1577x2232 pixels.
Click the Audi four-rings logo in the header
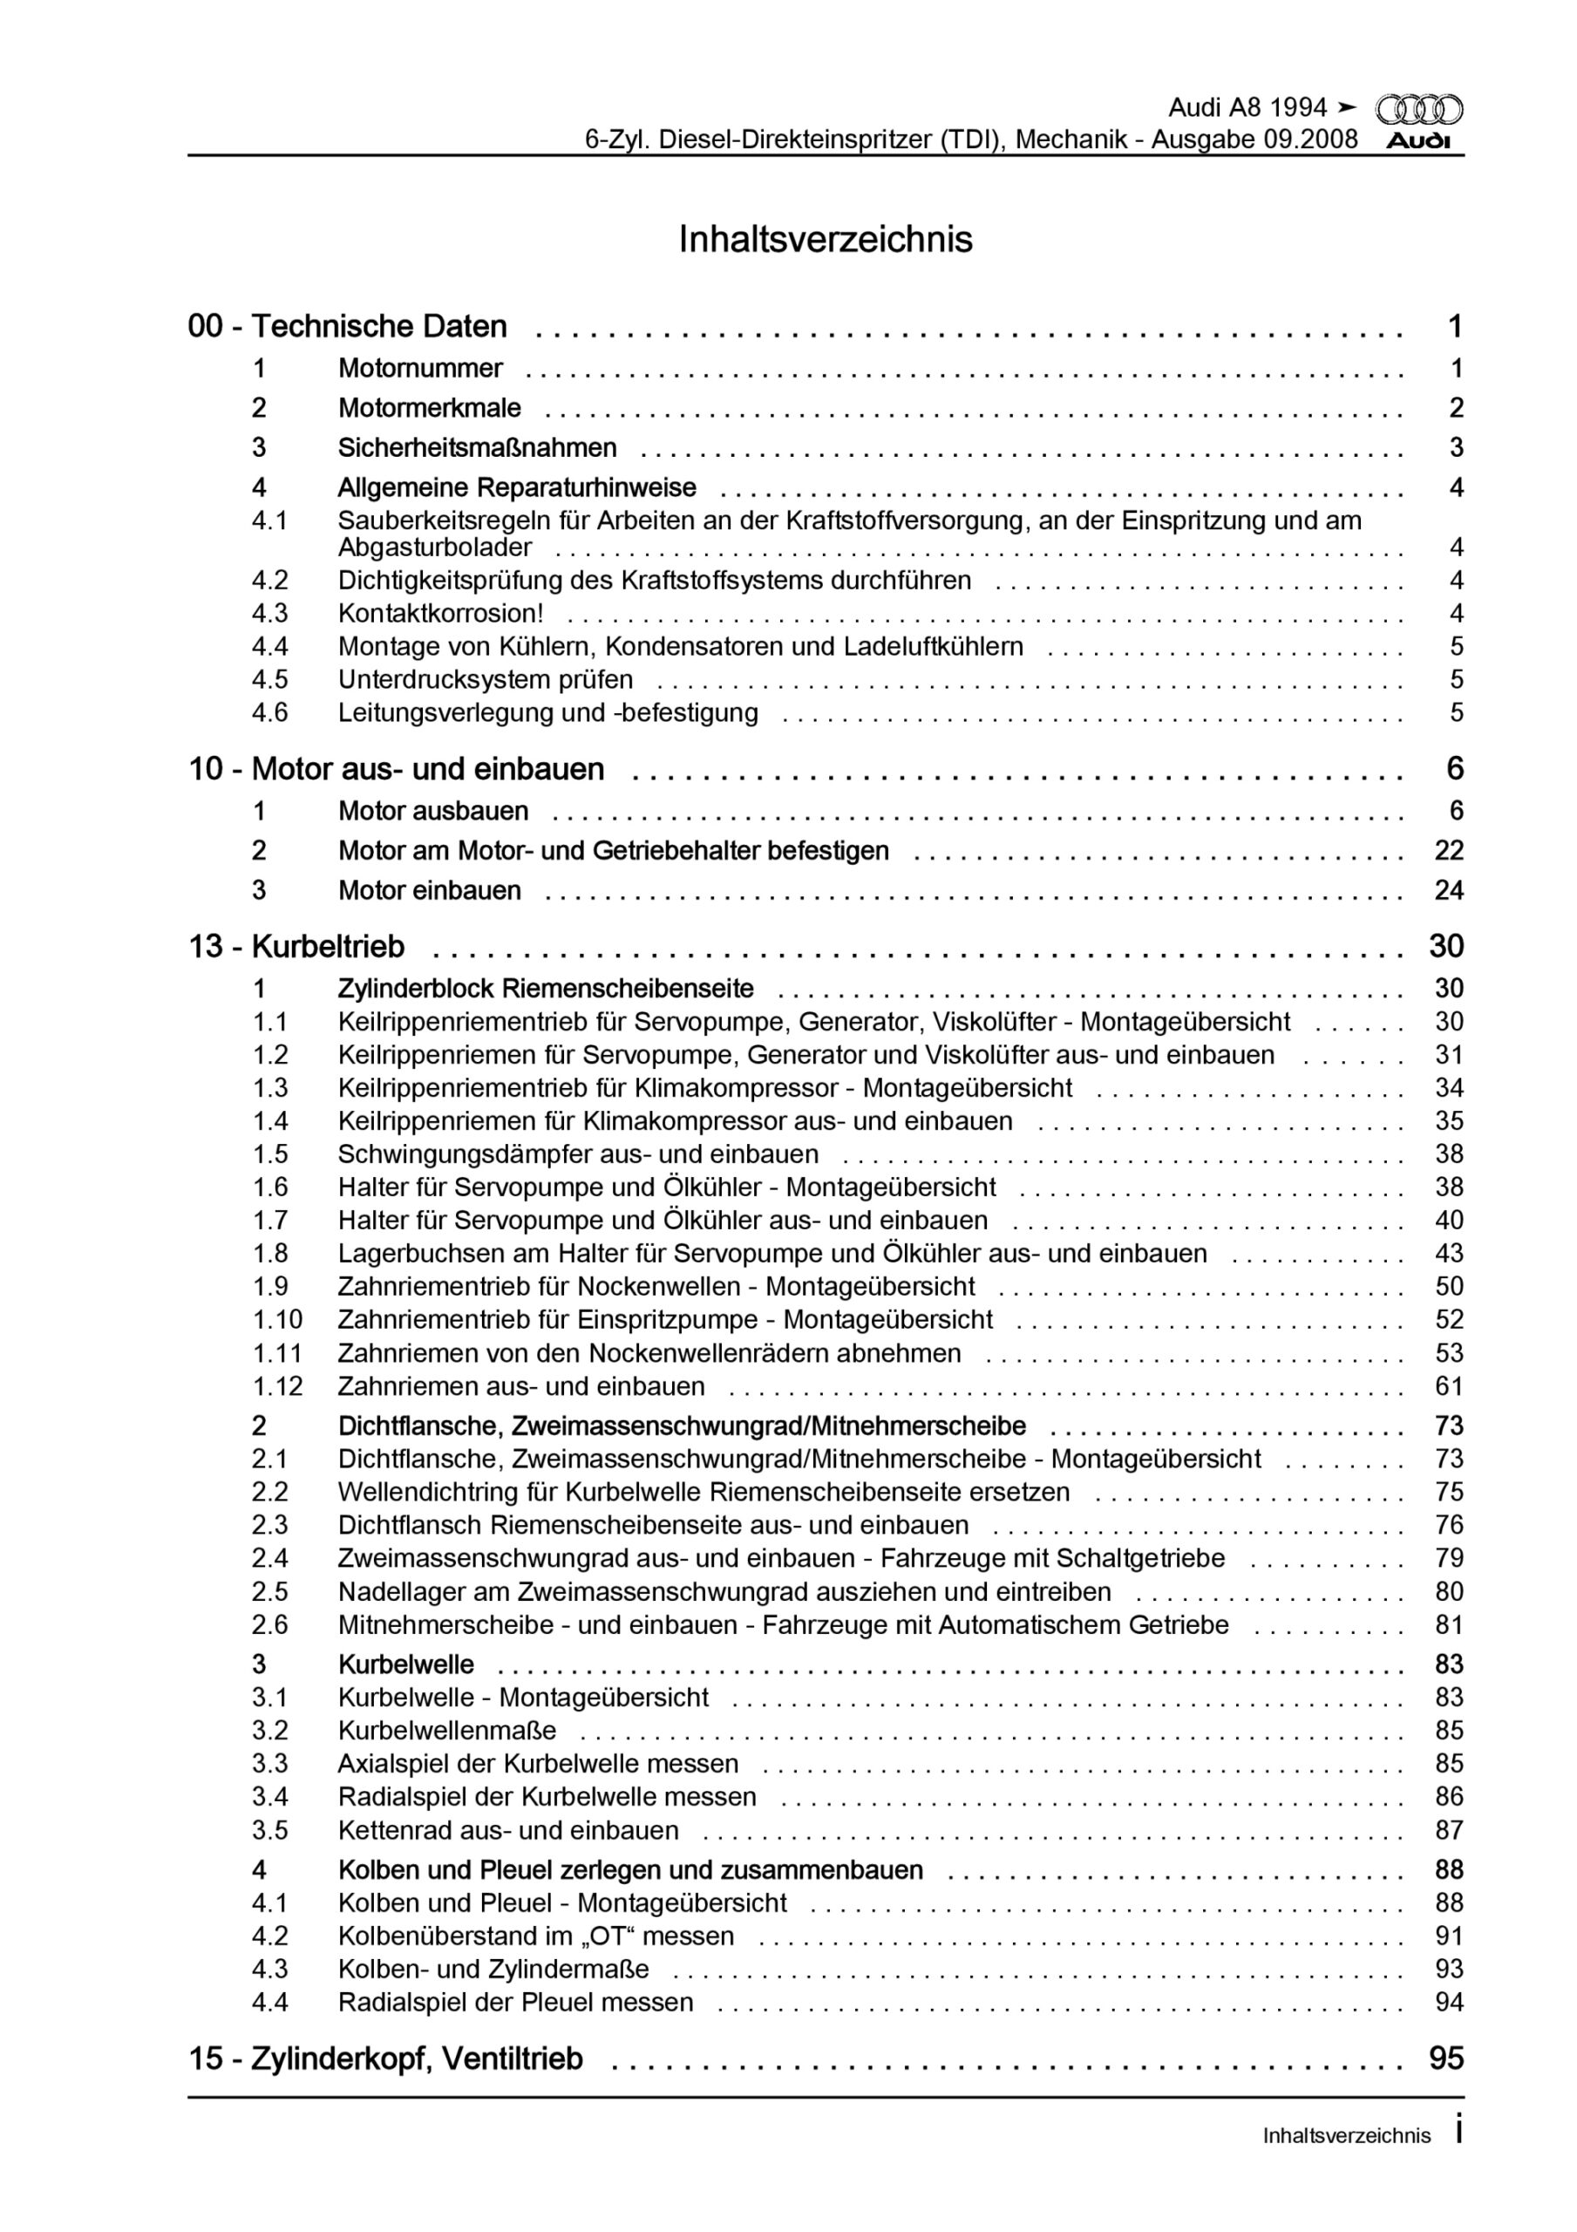(x=1419, y=109)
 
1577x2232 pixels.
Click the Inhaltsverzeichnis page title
(x=826, y=239)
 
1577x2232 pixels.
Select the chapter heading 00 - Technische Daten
(x=347, y=327)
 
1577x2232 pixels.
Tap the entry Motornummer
(x=420, y=369)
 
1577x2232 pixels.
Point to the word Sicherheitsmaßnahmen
(x=476, y=448)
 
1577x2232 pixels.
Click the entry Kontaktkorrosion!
(x=440, y=614)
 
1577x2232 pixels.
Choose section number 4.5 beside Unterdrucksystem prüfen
(x=270, y=679)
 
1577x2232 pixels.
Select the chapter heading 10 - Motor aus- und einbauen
(x=396, y=769)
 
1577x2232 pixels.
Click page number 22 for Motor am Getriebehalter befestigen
(x=1449, y=851)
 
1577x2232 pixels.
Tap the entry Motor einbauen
(x=429, y=890)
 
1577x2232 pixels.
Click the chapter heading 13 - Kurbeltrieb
(x=296, y=946)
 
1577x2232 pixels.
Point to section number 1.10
(x=278, y=1319)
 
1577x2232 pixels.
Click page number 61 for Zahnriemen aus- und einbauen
(x=1449, y=1386)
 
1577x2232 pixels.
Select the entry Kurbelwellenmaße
(x=447, y=1731)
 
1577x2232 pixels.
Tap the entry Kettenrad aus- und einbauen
(x=508, y=1831)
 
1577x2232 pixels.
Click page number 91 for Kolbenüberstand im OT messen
(x=1449, y=1936)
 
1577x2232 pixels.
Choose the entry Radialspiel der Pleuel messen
(x=515, y=2002)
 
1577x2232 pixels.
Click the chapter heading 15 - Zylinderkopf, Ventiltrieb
(x=385, y=2059)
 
